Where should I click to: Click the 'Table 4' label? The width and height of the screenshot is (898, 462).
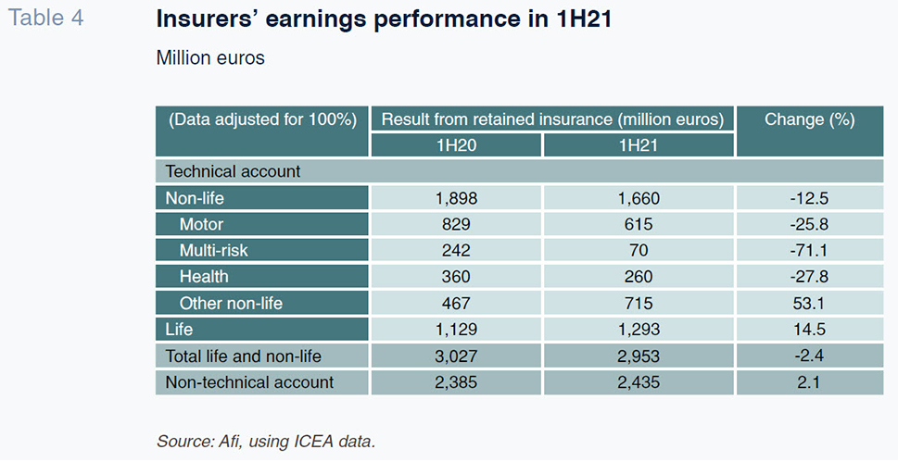tap(45, 18)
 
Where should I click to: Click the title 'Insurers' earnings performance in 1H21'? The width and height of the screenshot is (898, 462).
tap(384, 19)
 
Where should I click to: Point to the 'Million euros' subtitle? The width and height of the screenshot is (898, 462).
tap(210, 57)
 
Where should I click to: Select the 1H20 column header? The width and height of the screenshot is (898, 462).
tap(456, 145)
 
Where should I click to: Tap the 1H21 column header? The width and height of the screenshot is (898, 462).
tap(638, 145)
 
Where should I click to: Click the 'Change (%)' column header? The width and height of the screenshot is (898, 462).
tap(809, 119)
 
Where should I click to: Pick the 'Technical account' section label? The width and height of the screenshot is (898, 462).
tap(234, 171)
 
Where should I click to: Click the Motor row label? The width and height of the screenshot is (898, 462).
tap(202, 224)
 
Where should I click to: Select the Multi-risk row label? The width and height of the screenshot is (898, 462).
tap(214, 250)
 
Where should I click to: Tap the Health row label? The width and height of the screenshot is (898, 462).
tap(204, 277)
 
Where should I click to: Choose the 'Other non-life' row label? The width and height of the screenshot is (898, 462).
tap(231, 303)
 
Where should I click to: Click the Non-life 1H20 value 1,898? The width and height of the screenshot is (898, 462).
tap(456, 198)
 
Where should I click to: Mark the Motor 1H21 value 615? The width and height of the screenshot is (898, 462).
tap(638, 224)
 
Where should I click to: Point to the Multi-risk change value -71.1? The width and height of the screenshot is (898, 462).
tap(809, 250)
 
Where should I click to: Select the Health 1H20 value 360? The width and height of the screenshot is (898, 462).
tap(456, 277)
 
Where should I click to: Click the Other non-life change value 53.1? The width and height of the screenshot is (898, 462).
tap(809, 303)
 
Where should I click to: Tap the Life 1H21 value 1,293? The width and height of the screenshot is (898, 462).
tap(638, 330)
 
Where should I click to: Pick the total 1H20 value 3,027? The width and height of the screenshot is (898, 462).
tap(456, 356)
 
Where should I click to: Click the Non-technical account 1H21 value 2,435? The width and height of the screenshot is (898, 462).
tap(638, 381)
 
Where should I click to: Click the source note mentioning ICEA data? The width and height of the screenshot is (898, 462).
tap(266, 442)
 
